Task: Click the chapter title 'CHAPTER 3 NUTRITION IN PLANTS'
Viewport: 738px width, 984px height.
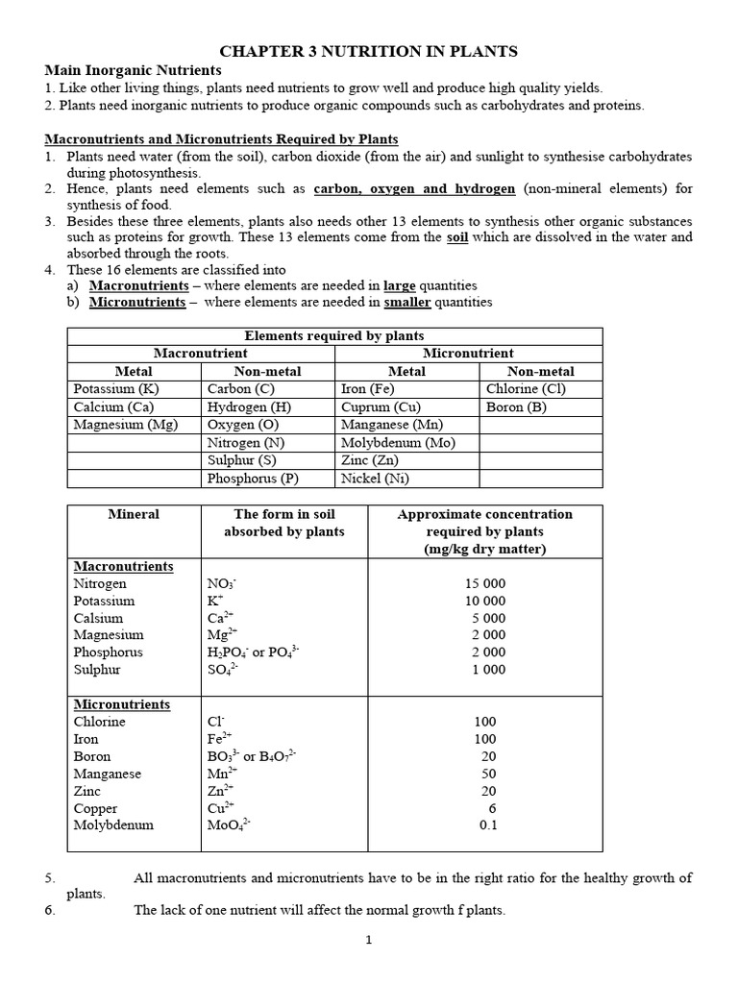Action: tap(368, 51)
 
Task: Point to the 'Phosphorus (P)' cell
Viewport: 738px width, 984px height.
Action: tap(253, 479)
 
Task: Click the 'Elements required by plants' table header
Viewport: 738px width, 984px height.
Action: tap(334, 335)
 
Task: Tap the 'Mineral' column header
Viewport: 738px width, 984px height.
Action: tap(134, 514)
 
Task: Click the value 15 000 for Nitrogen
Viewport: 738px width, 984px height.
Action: tap(484, 583)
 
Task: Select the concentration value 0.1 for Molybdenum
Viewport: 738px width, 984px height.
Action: tap(488, 824)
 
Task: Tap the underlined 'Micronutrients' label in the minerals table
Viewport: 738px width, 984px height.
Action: tap(121, 704)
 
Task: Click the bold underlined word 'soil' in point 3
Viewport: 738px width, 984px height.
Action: tap(458, 237)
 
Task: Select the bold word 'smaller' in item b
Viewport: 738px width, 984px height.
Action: tap(407, 302)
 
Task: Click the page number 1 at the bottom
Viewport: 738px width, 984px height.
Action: tap(368, 940)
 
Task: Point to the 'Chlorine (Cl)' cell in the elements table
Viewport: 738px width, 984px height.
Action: tap(527, 389)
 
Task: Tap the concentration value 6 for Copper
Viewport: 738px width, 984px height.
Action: tap(491, 807)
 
